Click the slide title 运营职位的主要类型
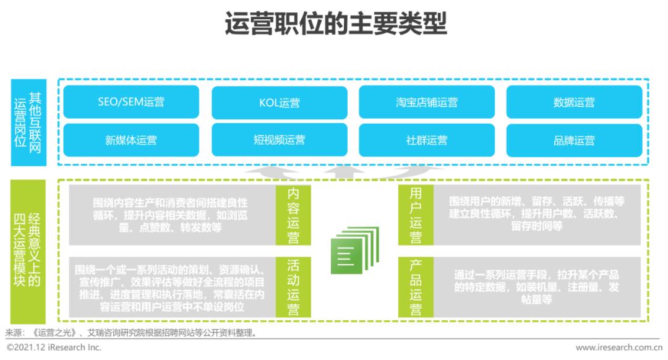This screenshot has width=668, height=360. pyautogui.click(x=336, y=23)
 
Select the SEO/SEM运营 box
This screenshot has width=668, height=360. pyautogui.click(x=131, y=102)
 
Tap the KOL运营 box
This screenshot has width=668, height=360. pyautogui.click(x=280, y=102)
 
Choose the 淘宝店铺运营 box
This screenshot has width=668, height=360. pyautogui.click(x=427, y=102)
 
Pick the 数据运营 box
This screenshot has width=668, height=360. pyautogui.click(x=574, y=102)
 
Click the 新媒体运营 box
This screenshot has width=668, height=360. pyautogui.click(x=131, y=140)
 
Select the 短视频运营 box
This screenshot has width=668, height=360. pyautogui.click(x=280, y=140)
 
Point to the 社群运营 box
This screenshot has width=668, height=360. pyautogui.click(x=427, y=140)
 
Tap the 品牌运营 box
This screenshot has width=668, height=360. pyautogui.click(x=574, y=140)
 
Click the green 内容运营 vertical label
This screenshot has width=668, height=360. pyautogui.click(x=293, y=215)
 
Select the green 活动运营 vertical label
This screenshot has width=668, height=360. pyautogui.click(x=293, y=287)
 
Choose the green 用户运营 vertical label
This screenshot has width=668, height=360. pyautogui.click(x=416, y=215)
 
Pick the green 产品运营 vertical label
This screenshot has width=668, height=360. pyautogui.click(x=416, y=287)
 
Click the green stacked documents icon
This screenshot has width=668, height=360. pyautogui.click(x=354, y=251)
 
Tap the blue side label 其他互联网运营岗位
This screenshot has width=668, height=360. pyautogui.click(x=28, y=122)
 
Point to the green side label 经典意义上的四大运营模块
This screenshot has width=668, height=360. pyautogui.click(x=28, y=251)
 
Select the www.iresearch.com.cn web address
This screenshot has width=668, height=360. pyautogui.click(x=619, y=348)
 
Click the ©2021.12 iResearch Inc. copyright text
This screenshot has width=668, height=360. pyautogui.click(x=54, y=348)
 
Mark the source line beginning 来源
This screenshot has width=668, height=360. pyautogui.click(x=132, y=333)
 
